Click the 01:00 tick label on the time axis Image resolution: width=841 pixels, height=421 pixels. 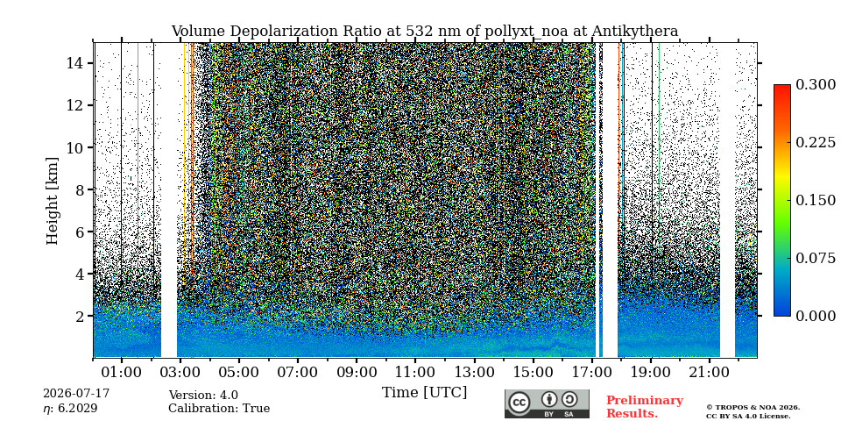pos(121,372)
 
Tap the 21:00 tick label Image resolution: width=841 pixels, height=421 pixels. pos(710,372)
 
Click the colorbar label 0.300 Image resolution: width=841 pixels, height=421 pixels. pos(816,85)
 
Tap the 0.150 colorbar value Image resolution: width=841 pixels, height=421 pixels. pos(816,200)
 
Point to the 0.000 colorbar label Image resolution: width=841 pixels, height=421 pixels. pos(816,317)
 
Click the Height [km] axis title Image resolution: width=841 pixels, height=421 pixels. pos(52,201)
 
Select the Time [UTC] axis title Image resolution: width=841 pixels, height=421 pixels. pos(424,393)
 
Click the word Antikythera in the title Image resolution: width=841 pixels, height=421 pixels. pos(635,32)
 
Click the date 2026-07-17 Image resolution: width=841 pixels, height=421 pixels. pos(76,394)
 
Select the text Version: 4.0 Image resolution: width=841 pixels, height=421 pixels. pos(203,396)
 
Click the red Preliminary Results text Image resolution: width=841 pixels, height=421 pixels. pos(645,406)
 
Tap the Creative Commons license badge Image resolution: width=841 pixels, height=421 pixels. pos(547,403)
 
